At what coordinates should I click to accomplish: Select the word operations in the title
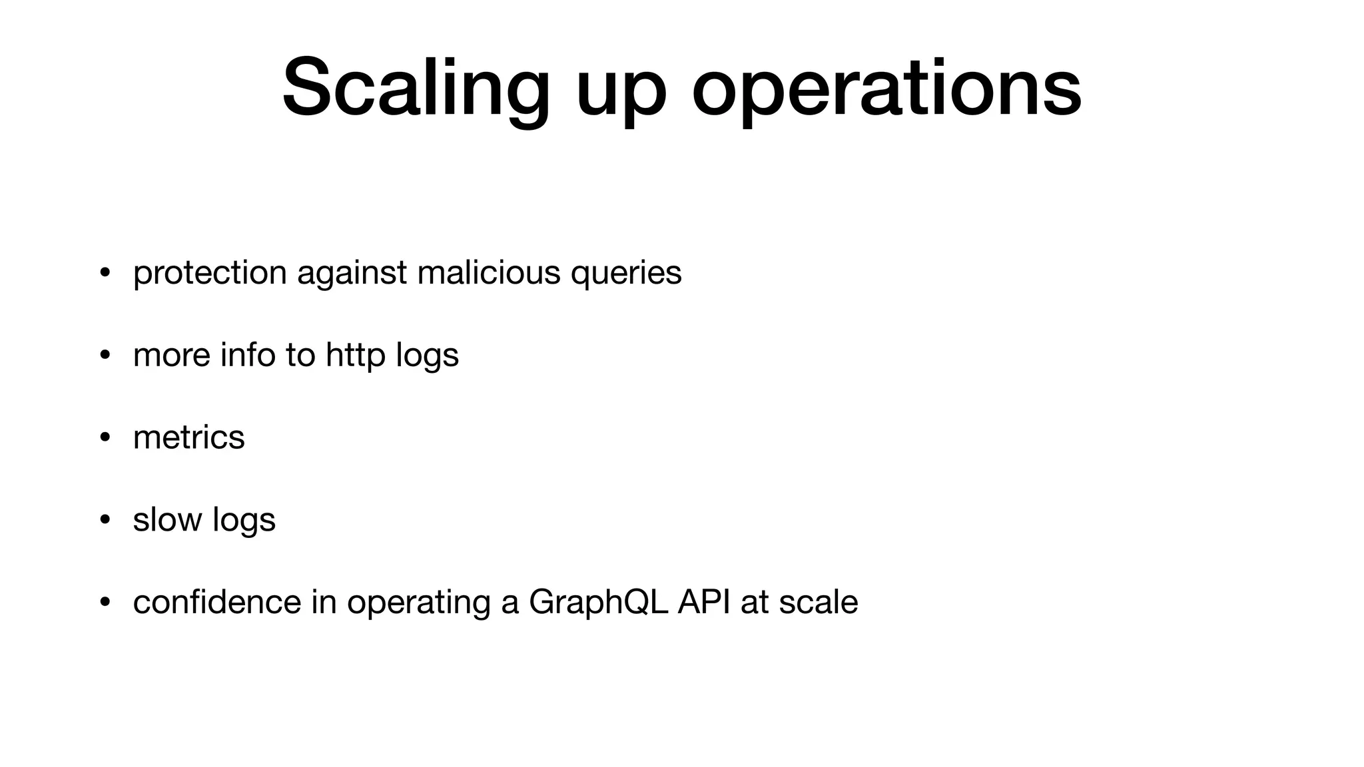(886, 90)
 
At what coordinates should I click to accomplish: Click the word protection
(210, 273)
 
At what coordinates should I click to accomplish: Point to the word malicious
(489, 272)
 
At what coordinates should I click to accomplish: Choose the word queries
(626, 274)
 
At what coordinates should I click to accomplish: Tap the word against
(352, 273)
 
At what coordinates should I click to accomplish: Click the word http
(355, 355)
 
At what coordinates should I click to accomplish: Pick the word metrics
(189, 437)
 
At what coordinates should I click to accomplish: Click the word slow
(167, 519)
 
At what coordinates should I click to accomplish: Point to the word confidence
(217, 602)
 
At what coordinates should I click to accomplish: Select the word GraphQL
(598, 603)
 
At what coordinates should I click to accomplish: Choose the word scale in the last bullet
(819, 602)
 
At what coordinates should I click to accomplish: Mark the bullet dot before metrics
(105, 437)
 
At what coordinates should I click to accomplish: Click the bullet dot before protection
(105, 273)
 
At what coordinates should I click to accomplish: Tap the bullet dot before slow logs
(105, 520)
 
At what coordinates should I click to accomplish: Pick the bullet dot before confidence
(105, 603)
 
